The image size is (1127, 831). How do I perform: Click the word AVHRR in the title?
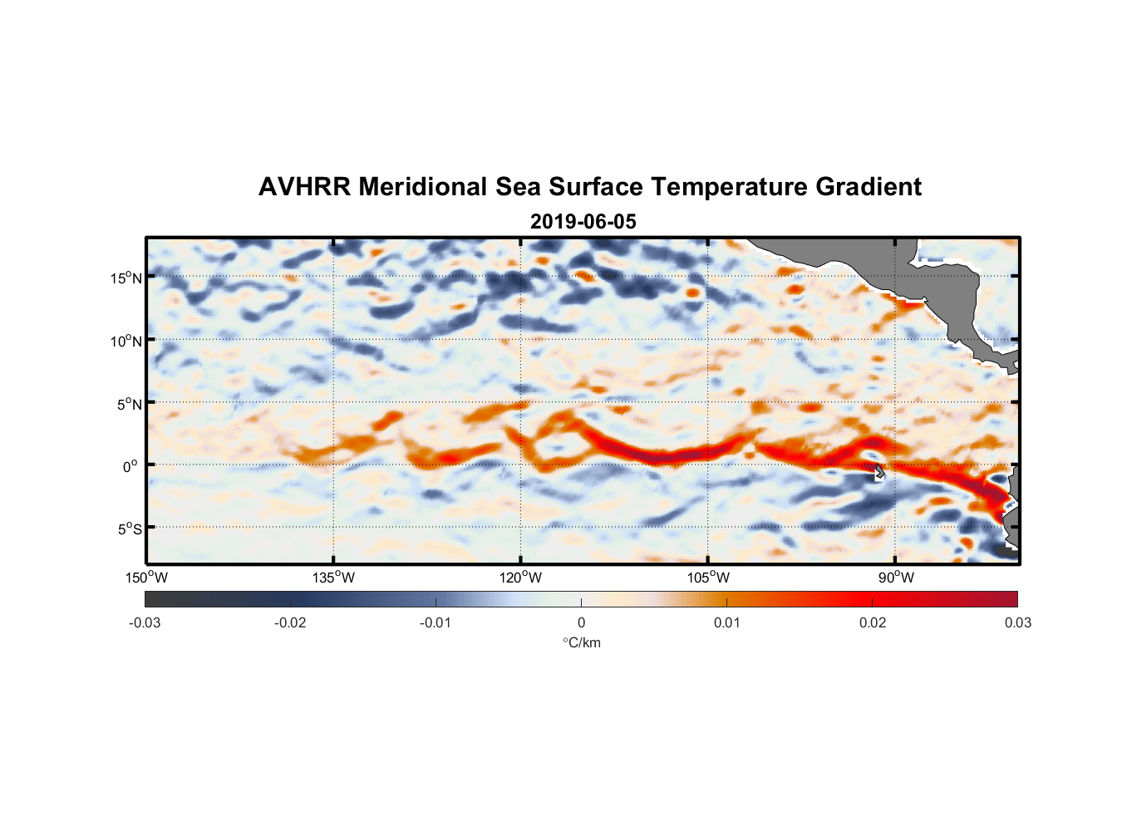pyautogui.click(x=304, y=187)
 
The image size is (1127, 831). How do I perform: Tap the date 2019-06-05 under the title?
pyautogui.click(x=583, y=222)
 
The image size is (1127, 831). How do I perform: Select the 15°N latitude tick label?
pyautogui.click(x=126, y=278)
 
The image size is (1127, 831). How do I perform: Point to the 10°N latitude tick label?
pyautogui.click(x=126, y=341)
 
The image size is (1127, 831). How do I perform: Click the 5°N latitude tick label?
pyautogui.click(x=129, y=404)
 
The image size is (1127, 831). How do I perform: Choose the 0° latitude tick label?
pyautogui.click(x=130, y=466)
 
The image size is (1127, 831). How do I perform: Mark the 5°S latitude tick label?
pyautogui.click(x=129, y=529)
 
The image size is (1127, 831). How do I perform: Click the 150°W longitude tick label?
pyautogui.click(x=146, y=578)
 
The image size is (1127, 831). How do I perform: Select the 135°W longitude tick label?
pyautogui.click(x=333, y=578)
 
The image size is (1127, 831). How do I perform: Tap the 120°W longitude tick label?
pyautogui.click(x=520, y=578)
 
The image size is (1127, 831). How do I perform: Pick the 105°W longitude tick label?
pyautogui.click(x=708, y=578)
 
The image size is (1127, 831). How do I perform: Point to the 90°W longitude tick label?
pyautogui.click(x=896, y=578)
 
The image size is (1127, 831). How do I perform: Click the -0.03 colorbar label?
pyautogui.click(x=145, y=623)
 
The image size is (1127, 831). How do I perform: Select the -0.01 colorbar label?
pyautogui.click(x=436, y=623)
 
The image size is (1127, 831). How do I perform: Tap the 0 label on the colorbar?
pyautogui.click(x=581, y=623)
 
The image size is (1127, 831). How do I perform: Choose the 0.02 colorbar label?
pyautogui.click(x=873, y=623)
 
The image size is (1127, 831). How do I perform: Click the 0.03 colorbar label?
pyautogui.click(x=1017, y=623)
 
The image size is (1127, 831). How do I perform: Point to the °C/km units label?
pyautogui.click(x=582, y=642)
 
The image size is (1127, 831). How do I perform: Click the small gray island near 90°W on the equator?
pyautogui.click(x=879, y=473)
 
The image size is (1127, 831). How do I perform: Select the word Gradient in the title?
pyautogui.click(x=869, y=187)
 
